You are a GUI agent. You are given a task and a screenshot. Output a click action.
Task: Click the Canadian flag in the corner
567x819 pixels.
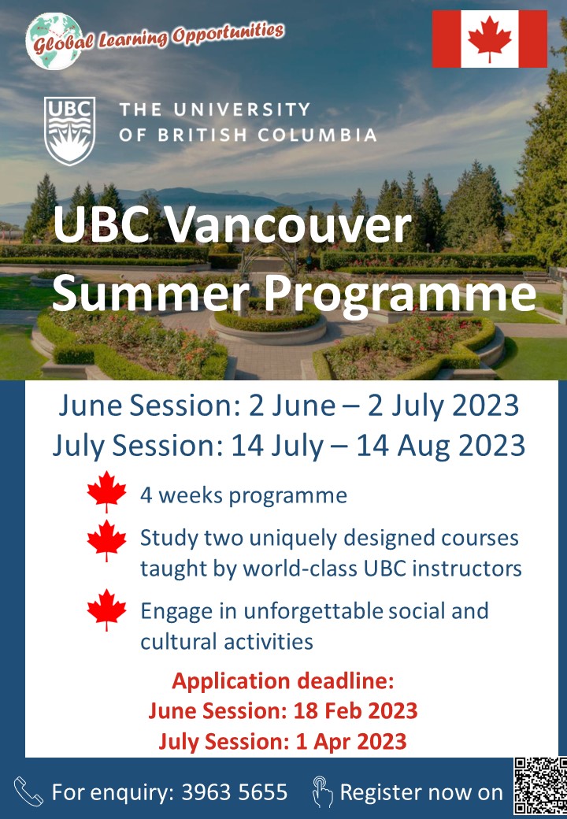[x=489, y=39]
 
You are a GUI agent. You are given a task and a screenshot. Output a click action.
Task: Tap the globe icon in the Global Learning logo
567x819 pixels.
[x=54, y=41]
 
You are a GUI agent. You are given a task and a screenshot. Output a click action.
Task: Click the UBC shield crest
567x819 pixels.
[x=69, y=131]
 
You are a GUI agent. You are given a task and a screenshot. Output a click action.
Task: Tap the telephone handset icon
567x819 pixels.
[x=28, y=791]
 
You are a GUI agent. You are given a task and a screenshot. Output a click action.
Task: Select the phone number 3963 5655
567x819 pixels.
[x=235, y=792]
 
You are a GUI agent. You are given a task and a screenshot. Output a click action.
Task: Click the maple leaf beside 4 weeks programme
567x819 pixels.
[x=107, y=491]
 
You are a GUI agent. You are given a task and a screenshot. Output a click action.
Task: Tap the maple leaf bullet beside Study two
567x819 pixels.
[x=107, y=540]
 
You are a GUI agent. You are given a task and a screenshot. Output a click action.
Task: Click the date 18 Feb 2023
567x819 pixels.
[x=355, y=711]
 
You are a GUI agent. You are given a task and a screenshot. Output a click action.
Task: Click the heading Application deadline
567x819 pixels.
[x=283, y=681]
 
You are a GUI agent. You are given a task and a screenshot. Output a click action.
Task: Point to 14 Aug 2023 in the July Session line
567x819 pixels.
[x=441, y=446]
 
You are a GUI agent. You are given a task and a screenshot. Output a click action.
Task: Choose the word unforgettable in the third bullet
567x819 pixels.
[x=313, y=611]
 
